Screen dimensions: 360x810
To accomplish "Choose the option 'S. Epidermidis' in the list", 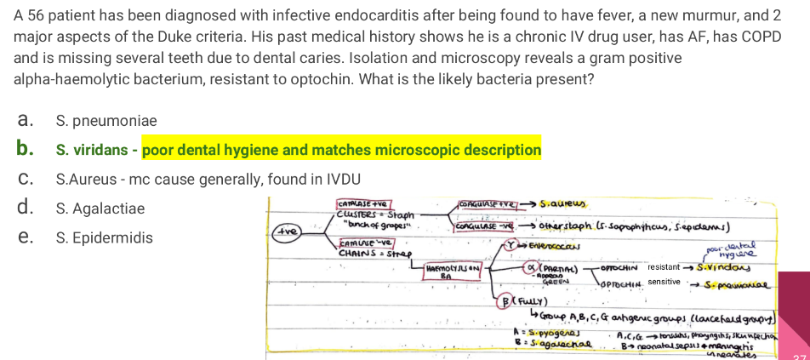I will (x=104, y=237).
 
